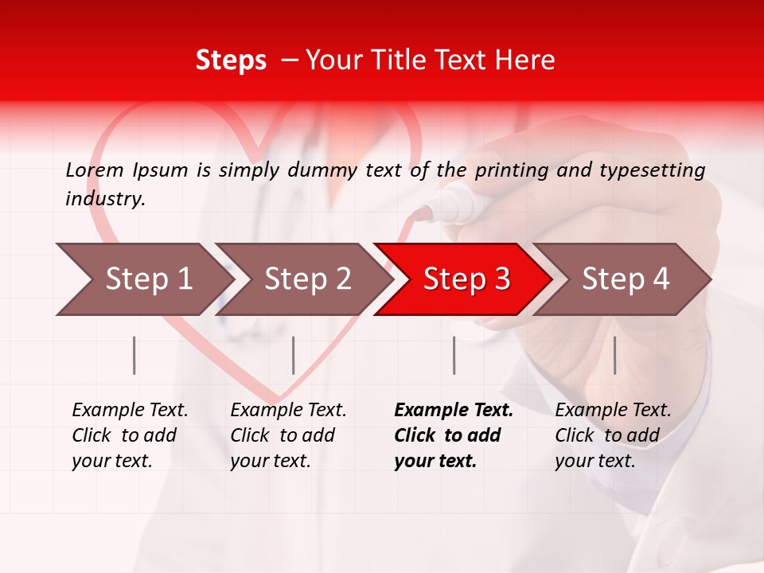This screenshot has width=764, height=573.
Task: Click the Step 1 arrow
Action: click(143, 279)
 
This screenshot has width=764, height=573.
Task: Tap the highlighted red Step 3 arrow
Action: click(466, 279)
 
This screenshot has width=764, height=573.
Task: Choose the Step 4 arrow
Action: click(625, 279)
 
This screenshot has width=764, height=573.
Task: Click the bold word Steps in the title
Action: click(231, 60)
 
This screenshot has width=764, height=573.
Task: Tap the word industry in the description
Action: click(105, 198)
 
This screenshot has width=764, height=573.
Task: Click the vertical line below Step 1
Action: click(134, 355)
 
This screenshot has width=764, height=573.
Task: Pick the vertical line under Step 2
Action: click(294, 355)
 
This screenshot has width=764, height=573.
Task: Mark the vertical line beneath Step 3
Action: click(454, 355)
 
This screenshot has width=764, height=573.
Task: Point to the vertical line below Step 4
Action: click(614, 355)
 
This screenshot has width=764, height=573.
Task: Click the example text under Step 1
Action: click(130, 435)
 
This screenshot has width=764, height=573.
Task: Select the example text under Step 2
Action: click(288, 435)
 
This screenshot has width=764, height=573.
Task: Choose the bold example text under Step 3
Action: click(454, 435)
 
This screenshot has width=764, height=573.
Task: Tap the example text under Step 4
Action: click(613, 435)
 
